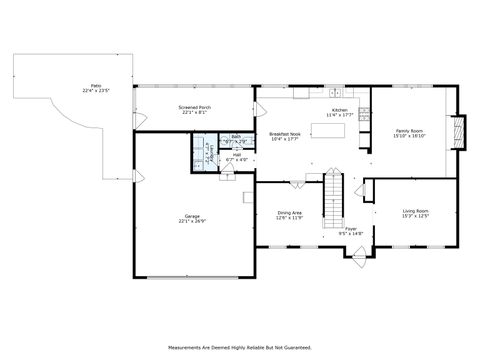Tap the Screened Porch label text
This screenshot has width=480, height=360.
tap(194, 107)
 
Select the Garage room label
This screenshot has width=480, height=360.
tap(192, 216)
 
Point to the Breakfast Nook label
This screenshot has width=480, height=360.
tap(285, 134)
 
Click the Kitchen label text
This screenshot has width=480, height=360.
tap(340, 110)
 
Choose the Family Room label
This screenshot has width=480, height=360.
tap(411, 130)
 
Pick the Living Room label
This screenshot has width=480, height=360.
tap(416, 210)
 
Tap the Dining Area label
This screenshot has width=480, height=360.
tap(290, 212)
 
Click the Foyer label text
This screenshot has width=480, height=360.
tap(351, 228)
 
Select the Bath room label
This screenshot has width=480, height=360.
tap(236, 137)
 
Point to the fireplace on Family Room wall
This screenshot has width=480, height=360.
tap(459, 131)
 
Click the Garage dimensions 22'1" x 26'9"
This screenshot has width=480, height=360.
tap(192, 222)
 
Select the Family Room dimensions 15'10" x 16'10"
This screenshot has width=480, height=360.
tap(411, 136)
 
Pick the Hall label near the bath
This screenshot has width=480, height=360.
tap(237, 154)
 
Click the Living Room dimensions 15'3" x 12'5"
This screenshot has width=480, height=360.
tap(416, 216)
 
